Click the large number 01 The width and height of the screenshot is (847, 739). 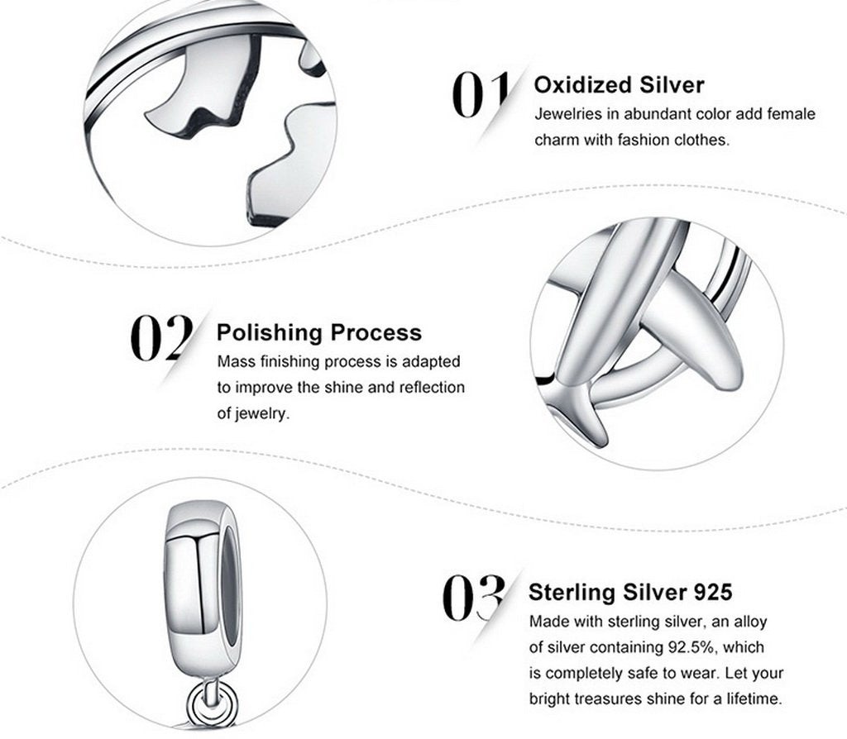pos(480,94)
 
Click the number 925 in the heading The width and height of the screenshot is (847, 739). pos(712,592)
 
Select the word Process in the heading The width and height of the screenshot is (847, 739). pos(376,332)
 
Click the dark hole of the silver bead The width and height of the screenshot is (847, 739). pos(230,586)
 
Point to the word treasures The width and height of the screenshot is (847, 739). pos(603,699)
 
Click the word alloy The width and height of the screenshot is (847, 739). pos(750,622)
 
